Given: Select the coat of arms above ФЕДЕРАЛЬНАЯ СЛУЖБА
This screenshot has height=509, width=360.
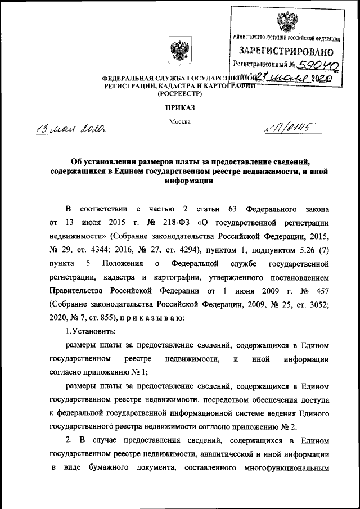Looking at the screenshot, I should (179, 51).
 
